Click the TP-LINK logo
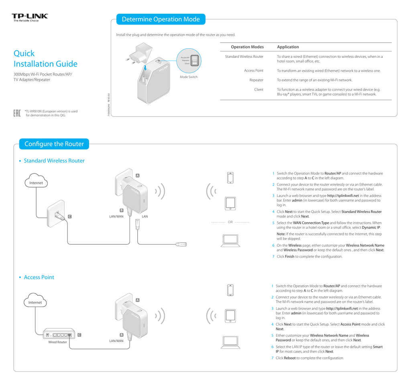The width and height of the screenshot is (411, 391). (30, 16)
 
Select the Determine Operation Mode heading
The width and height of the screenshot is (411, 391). (161, 19)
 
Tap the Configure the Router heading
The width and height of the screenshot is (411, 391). (54, 144)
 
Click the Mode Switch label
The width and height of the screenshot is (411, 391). (189, 77)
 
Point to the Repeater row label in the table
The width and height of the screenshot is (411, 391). (256, 80)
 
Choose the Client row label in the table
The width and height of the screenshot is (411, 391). (259, 90)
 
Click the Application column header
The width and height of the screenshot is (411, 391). (288, 47)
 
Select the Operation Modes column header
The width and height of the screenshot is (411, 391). (247, 47)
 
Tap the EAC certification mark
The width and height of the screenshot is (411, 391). (17, 113)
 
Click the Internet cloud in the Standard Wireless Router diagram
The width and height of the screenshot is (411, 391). (36, 182)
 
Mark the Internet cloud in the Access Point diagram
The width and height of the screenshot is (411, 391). (35, 301)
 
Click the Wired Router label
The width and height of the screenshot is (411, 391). (57, 342)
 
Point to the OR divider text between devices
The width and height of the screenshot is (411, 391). (230, 222)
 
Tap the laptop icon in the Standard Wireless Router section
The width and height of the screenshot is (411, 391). (230, 240)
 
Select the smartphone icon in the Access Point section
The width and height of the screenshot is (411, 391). (230, 290)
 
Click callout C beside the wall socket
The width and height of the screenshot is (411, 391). (69, 217)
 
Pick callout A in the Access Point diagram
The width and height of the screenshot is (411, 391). (138, 300)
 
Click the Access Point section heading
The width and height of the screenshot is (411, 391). (39, 277)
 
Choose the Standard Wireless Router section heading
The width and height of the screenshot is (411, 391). (54, 161)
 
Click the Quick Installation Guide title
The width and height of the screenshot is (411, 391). (45, 59)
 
